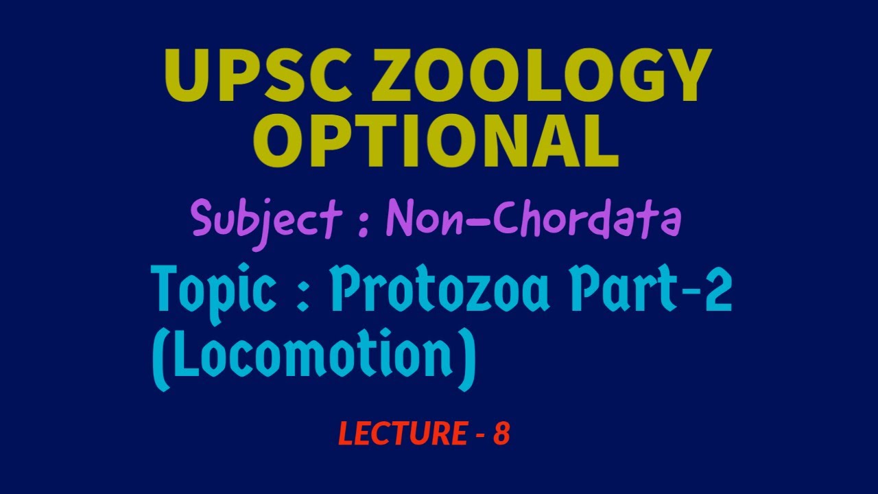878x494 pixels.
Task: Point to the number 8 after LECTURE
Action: (x=501, y=434)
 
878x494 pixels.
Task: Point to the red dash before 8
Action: (x=479, y=435)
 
